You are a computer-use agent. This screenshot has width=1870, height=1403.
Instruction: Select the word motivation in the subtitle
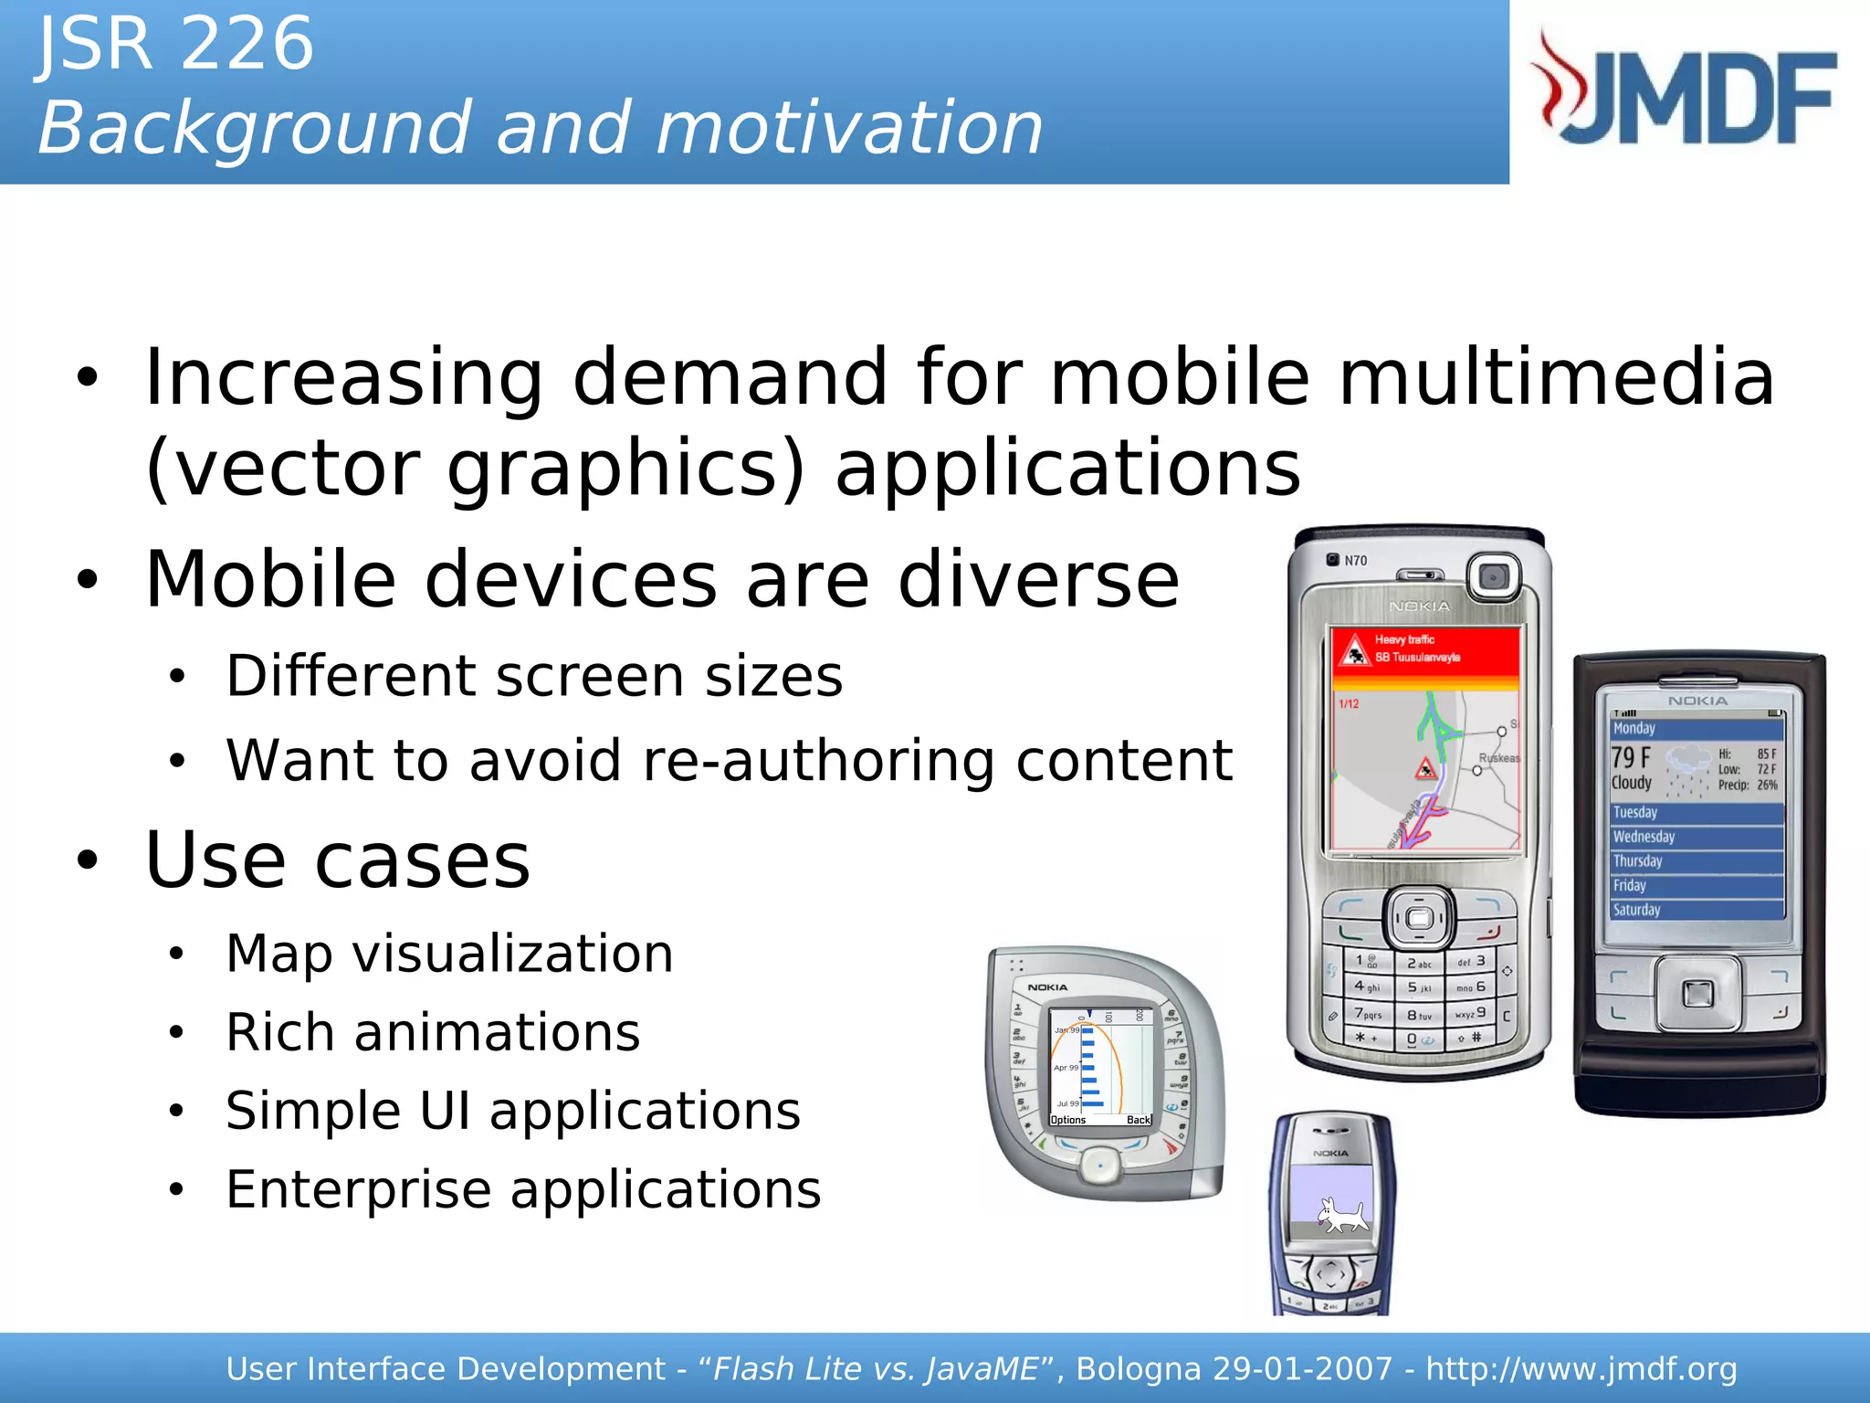(x=849, y=128)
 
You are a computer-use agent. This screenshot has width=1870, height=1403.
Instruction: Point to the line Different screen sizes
(x=534, y=676)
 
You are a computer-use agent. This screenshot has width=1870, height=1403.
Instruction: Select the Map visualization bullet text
(x=449, y=954)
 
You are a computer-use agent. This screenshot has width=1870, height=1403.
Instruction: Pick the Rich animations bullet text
(x=433, y=1032)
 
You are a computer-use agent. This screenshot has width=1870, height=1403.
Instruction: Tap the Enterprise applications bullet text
(x=523, y=1189)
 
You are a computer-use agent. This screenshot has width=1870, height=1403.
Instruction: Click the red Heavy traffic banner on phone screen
(x=1424, y=649)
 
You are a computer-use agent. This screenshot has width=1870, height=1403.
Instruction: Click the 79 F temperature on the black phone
(x=1631, y=757)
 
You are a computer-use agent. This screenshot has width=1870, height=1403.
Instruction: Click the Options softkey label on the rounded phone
(x=1068, y=1120)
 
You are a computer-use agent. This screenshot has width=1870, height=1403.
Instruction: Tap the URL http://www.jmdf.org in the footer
(x=1581, y=1369)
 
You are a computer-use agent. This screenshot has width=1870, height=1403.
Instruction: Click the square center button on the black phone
(x=1697, y=993)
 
